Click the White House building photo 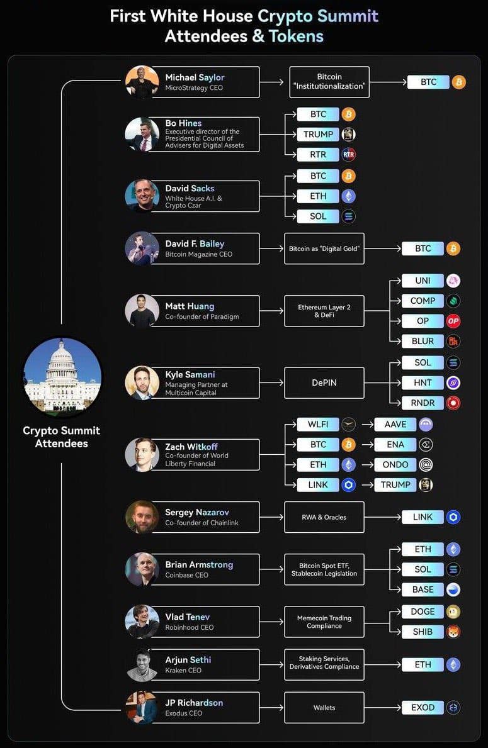click(x=62, y=376)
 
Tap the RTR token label click(x=318, y=155)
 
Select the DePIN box click(x=324, y=382)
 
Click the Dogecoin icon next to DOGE click(x=453, y=611)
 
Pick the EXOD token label click(x=423, y=708)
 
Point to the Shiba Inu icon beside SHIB click(x=453, y=632)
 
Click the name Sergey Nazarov click(x=197, y=512)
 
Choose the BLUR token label click(x=423, y=341)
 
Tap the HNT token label click(x=423, y=382)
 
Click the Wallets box click(x=324, y=708)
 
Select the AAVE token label click(x=395, y=424)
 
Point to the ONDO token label click(x=395, y=465)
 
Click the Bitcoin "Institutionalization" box click(x=329, y=82)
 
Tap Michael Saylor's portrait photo click(x=142, y=82)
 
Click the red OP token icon click(x=453, y=321)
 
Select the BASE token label click(x=423, y=589)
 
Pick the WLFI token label click(x=318, y=424)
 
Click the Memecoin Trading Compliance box click(x=324, y=622)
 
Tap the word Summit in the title click(x=348, y=16)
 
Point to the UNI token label click(x=423, y=281)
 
